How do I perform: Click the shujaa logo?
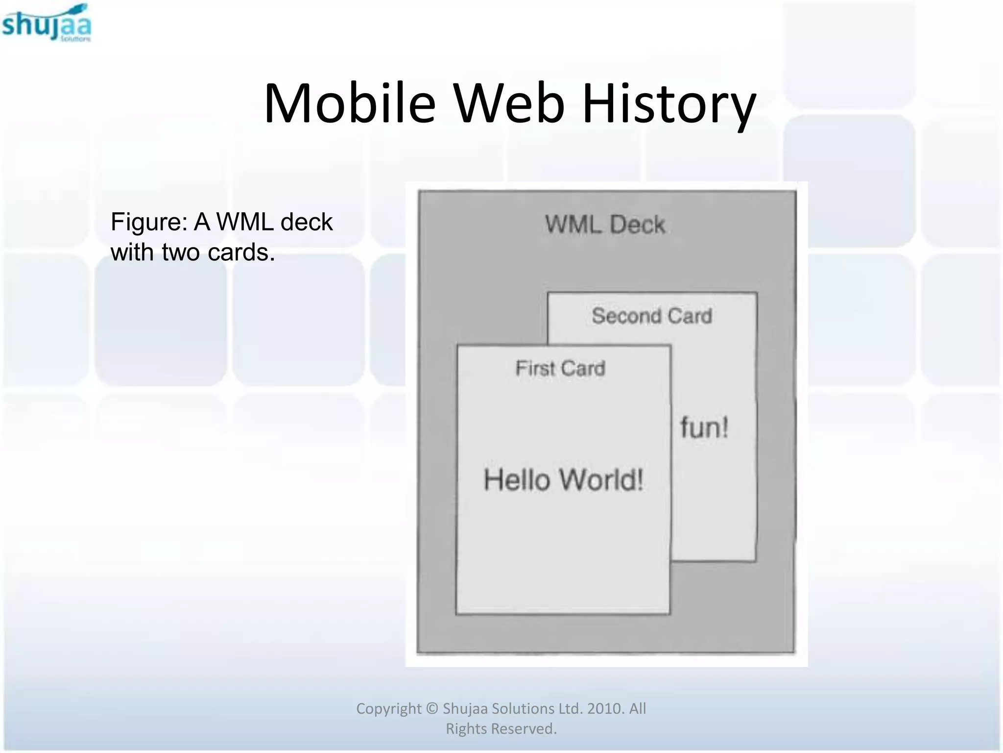(x=47, y=24)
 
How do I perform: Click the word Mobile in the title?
(x=349, y=104)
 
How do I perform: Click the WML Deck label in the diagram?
(x=605, y=225)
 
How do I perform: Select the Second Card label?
(x=651, y=316)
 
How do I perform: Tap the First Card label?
(x=560, y=368)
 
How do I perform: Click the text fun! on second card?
(x=704, y=427)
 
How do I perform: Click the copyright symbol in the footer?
(x=431, y=709)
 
